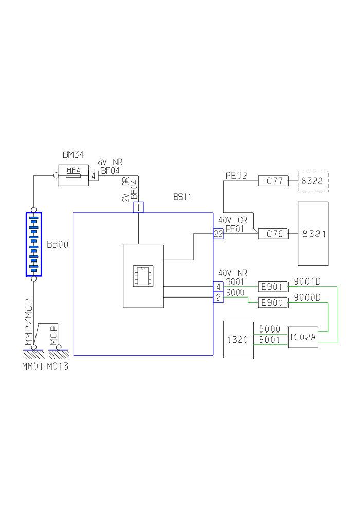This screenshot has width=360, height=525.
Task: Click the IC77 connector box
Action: [273, 181]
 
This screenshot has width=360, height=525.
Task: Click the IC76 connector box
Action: [273, 234]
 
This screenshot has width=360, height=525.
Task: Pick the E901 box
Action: [273, 286]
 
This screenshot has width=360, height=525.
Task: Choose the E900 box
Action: [273, 303]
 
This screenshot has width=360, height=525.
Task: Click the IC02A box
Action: [303, 337]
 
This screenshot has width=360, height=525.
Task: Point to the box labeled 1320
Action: [238, 339]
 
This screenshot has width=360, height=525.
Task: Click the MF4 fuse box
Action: [74, 176]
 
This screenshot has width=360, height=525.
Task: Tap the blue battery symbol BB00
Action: [34, 244]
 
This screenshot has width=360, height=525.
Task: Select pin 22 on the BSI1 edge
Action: [218, 234]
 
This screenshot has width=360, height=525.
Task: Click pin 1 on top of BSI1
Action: [138, 207]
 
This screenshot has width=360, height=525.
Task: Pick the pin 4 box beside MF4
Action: [94, 176]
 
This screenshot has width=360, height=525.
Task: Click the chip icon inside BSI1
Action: [143, 275]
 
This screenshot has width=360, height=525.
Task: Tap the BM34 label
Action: [73, 154]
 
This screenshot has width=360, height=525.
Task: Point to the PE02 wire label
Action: [236, 176]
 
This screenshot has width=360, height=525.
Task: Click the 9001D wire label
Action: [307, 282]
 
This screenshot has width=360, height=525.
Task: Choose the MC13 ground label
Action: [58, 366]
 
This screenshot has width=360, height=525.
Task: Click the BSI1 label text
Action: [183, 197]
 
